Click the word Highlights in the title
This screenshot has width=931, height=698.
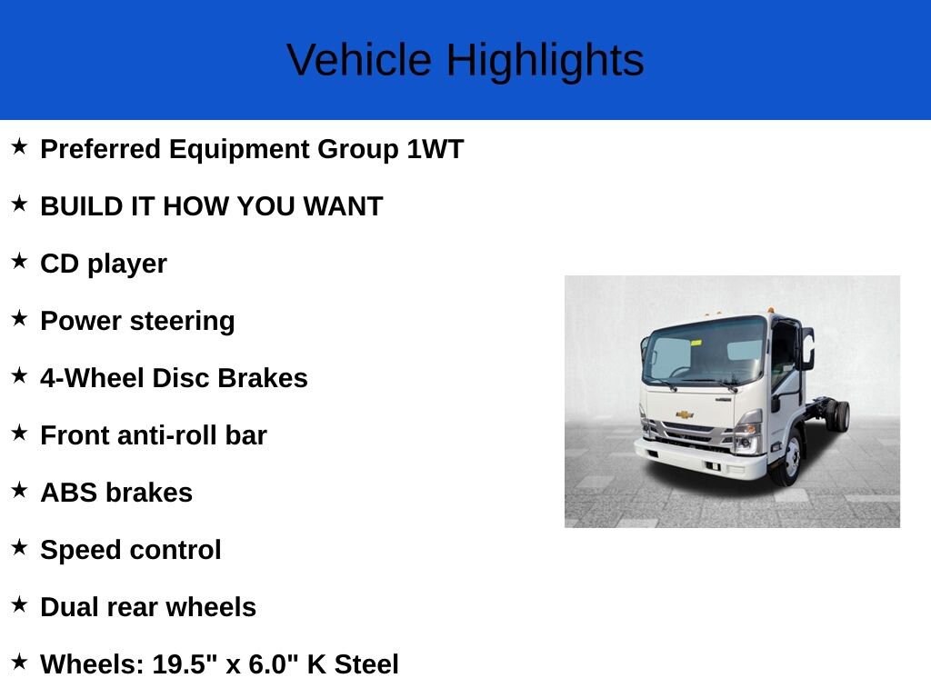tap(546, 61)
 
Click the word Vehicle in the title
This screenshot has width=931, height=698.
tap(359, 60)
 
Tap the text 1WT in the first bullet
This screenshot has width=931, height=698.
tap(435, 149)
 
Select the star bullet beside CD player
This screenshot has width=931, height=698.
tap(20, 261)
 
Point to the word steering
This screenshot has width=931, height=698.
tap(182, 322)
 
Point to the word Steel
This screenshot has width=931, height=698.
tap(366, 664)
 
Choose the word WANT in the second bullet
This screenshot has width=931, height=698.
tap(343, 206)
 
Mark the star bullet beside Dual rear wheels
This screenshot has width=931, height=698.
tap(20, 604)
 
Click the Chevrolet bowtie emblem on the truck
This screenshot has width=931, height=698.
tap(685, 414)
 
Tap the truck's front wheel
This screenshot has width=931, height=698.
tap(788, 458)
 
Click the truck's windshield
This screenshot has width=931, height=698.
tap(705, 352)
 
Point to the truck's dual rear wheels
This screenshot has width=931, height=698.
tap(837, 415)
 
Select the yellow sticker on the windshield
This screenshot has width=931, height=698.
tap(696, 343)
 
